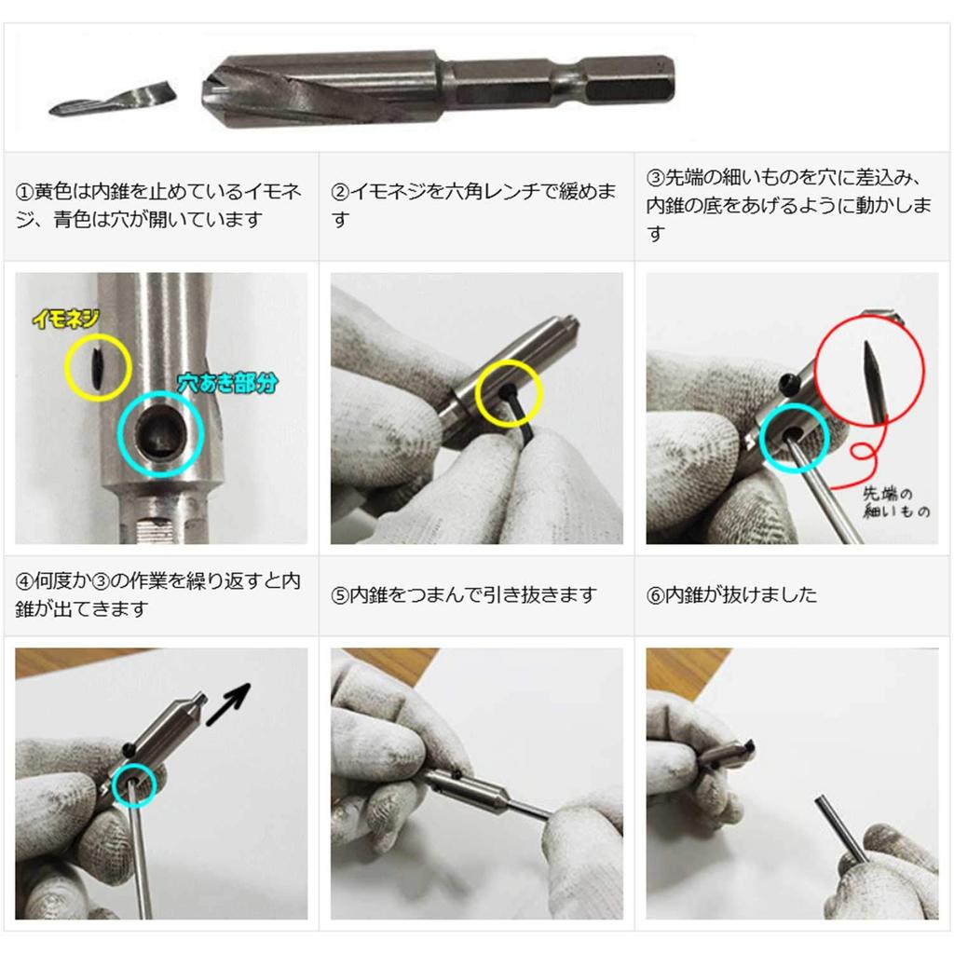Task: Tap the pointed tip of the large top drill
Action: click(x=207, y=89)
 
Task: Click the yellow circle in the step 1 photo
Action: click(x=98, y=366)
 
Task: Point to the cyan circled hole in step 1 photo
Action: click(x=160, y=432)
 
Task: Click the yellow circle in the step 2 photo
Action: click(x=508, y=395)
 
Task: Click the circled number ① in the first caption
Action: click(x=25, y=193)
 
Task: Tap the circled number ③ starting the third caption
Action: click(x=655, y=178)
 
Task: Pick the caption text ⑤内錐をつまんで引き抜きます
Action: click(x=463, y=594)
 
